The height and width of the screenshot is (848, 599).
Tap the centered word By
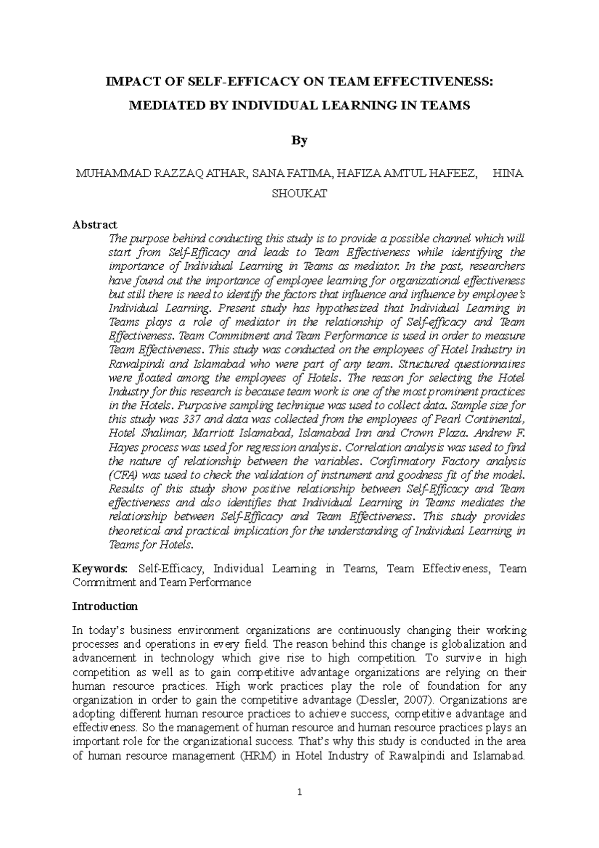click(x=299, y=141)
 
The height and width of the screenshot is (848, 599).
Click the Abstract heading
click(x=95, y=225)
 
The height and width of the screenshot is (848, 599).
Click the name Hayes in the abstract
click(x=123, y=447)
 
